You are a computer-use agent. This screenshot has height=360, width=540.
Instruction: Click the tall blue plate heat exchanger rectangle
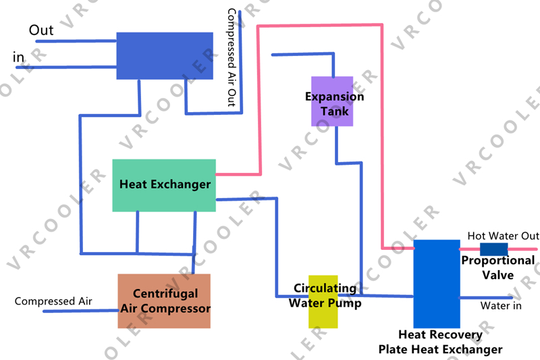pos(436,284)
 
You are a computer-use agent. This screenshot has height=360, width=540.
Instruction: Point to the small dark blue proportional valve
pos(494,249)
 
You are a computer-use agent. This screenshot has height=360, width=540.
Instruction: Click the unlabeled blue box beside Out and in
pos(165,55)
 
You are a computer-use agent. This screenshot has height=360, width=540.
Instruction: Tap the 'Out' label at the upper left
pos(41,30)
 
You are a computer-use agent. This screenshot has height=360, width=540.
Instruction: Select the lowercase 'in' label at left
pos(19,58)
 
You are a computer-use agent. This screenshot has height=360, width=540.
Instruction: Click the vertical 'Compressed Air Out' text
pos(231,57)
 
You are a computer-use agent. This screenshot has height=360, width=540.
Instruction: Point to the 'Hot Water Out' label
pos(503,236)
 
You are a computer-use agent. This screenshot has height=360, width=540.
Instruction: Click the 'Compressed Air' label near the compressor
pos(53,301)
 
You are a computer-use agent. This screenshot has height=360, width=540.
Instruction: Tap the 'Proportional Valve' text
pos(498,267)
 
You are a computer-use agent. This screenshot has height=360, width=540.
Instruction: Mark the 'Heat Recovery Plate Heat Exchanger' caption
pos(440,342)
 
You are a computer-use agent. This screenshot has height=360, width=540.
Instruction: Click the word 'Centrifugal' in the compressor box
pos(165,294)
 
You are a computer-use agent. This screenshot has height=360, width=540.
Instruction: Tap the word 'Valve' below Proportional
pos(498,275)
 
